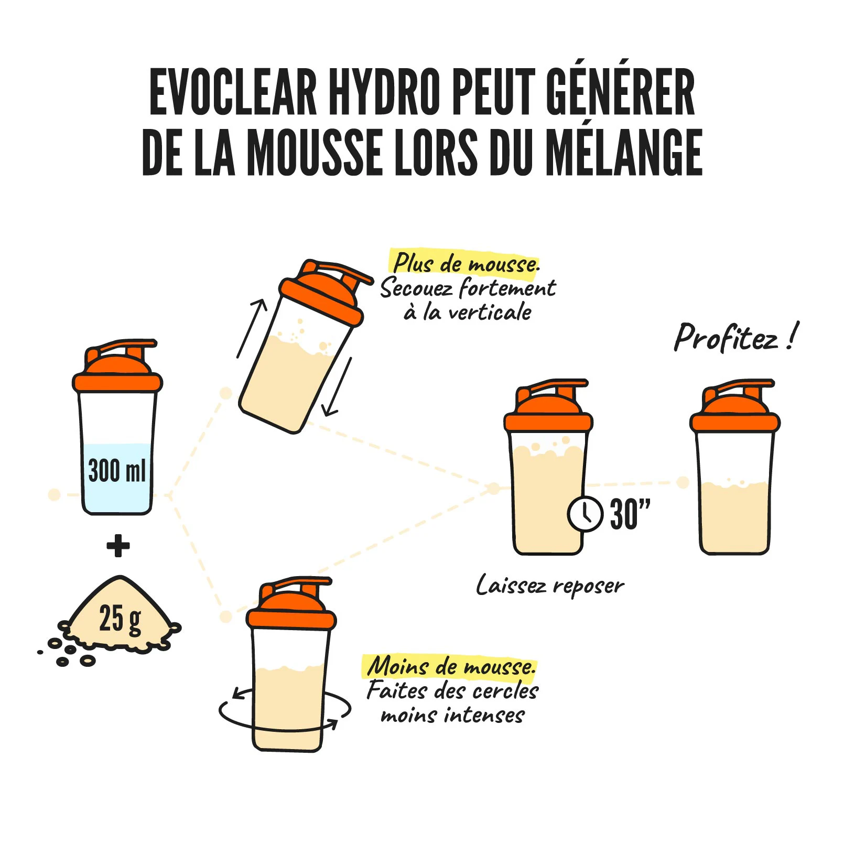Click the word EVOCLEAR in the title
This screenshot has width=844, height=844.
tap(233, 92)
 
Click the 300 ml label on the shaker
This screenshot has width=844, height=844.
tap(116, 470)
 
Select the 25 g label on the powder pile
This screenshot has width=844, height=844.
tap(120, 619)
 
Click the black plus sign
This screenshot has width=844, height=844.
tap(118, 546)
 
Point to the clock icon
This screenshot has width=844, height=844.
tap(585, 514)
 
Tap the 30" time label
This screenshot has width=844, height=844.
tap(630, 514)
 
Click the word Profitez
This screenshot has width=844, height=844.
tap(726, 338)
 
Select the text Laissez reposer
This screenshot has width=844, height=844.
tap(550, 586)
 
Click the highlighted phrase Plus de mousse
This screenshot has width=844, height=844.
tap(466, 263)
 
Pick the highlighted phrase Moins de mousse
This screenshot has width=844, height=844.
tap(450, 666)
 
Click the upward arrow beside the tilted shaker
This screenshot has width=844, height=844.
tap(252, 329)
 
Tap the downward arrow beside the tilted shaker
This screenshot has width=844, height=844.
tap(337, 387)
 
